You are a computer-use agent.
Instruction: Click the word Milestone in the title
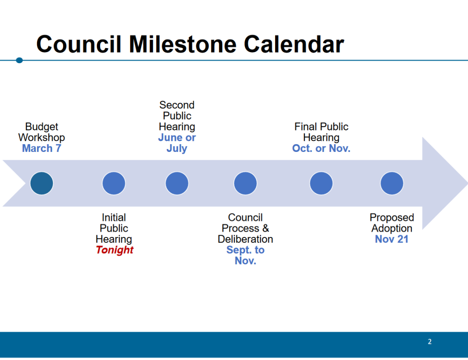[x=182, y=44]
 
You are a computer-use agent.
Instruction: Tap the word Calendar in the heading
[x=294, y=44]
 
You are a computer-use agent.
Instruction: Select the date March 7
[x=42, y=148]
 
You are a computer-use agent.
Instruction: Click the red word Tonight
[x=115, y=250]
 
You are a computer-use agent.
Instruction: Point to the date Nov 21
[x=392, y=239]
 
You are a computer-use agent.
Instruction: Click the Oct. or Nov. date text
[x=321, y=148]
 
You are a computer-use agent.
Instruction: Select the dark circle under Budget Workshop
[x=42, y=183]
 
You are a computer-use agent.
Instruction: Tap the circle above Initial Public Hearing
[x=114, y=183]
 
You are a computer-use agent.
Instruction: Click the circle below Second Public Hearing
[x=177, y=183]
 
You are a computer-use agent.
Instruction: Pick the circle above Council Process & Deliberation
[x=245, y=183]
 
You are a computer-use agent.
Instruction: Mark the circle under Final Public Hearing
[x=321, y=183]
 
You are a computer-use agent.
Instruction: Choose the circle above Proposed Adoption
[x=392, y=183]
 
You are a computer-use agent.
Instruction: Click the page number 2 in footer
[x=430, y=342]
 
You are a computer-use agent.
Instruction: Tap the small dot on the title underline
[x=19, y=60]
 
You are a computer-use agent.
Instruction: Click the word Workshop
[x=42, y=137]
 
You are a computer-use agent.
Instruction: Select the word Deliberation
[x=245, y=239]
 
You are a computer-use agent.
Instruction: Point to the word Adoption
[x=392, y=228]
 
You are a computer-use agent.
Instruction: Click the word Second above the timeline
[x=177, y=105]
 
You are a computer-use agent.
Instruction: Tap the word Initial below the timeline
[x=114, y=217]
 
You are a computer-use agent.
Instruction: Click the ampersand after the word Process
[x=266, y=228]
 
